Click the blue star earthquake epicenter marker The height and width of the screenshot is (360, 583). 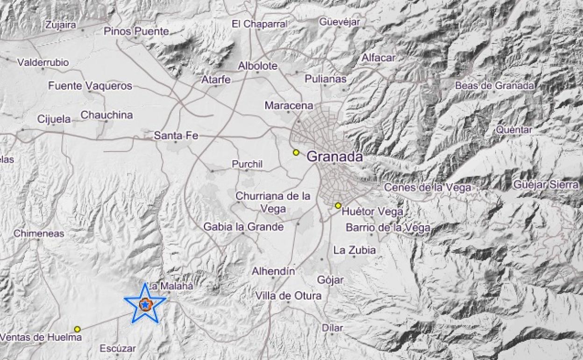[x=145, y=305]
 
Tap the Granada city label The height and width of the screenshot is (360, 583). [x=334, y=157]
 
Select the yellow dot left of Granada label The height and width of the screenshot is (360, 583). [x=296, y=152]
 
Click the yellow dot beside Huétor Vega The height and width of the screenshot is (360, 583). [x=338, y=206]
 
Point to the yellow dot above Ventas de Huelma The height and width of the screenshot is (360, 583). [x=77, y=329]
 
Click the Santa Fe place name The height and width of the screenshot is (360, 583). [x=176, y=136]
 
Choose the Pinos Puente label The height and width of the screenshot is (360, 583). [x=136, y=32]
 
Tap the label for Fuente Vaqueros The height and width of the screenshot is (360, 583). [x=90, y=86]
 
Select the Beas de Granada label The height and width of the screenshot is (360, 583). [x=495, y=86]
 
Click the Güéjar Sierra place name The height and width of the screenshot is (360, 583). [x=546, y=185]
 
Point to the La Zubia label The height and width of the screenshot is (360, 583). [x=355, y=250]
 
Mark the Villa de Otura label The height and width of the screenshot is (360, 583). [x=288, y=295]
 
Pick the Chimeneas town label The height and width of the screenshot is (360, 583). [x=39, y=233]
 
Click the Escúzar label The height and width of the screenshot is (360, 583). [x=118, y=348]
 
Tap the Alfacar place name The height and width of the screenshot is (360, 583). [x=378, y=58]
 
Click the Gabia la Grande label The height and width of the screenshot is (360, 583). [x=243, y=227]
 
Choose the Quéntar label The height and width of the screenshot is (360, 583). [x=514, y=130]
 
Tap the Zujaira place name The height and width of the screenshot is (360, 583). [x=60, y=25]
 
